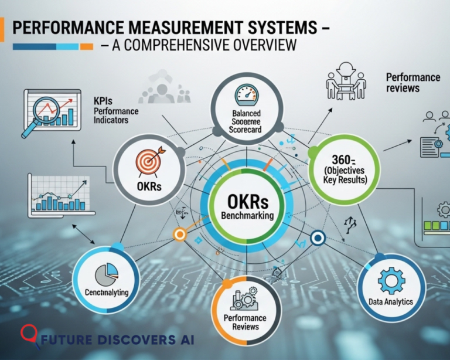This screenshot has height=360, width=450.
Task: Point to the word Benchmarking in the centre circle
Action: pyautogui.click(x=247, y=216)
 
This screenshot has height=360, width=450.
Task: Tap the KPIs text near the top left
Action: pyautogui.click(x=103, y=101)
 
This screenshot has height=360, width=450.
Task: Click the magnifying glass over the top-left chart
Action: pyautogui.click(x=42, y=112)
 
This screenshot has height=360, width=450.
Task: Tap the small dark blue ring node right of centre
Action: pyautogui.click(x=318, y=238)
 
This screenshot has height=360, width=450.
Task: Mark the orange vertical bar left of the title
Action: pyautogui.click(x=2, y=29)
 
